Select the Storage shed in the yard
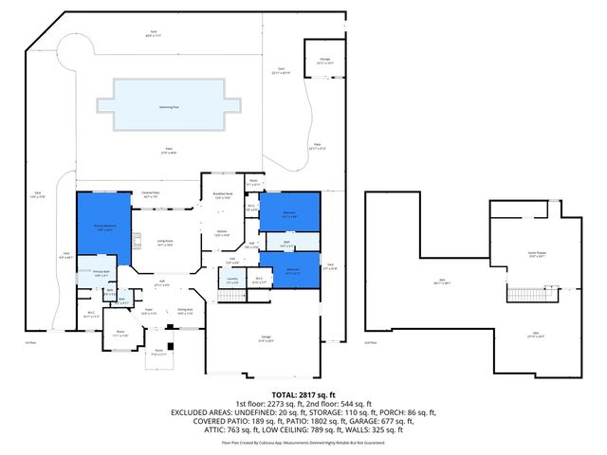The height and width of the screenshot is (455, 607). [324, 64]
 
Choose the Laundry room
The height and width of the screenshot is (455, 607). [232, 280]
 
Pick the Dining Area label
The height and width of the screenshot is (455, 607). [186, 311]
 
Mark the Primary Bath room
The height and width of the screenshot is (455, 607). [101, 275]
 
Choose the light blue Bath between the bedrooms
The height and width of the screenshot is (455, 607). [286, 244]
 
